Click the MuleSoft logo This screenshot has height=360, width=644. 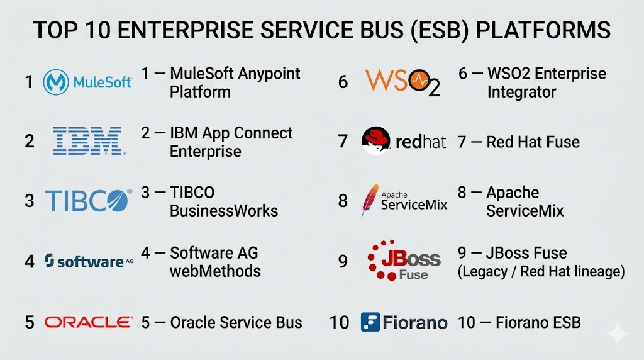(87, 82)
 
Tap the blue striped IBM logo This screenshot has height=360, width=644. (89, 141)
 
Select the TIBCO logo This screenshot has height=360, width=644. (88, 201)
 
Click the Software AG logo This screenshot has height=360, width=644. (89, 261)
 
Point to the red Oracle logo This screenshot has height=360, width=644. (89, 322)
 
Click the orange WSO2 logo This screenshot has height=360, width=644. (402, 82)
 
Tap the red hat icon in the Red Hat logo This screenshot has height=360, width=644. (376, 140)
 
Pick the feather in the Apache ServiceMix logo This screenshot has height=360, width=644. (370, 200)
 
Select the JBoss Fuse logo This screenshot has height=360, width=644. (404, 260)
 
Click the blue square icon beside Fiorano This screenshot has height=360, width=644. (370, 322)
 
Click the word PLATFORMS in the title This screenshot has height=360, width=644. (543, 30)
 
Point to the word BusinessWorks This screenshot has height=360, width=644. (224, 211)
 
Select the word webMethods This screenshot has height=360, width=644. (215, 271)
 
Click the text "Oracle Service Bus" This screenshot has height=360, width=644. (236, 323)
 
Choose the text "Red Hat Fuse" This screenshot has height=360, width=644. (533, 142)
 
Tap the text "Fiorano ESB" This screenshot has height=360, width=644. (538, 323)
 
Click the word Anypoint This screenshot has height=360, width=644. (269, 74)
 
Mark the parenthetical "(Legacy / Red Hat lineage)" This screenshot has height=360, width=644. (541, 272)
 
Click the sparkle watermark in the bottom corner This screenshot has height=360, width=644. (618, 334)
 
